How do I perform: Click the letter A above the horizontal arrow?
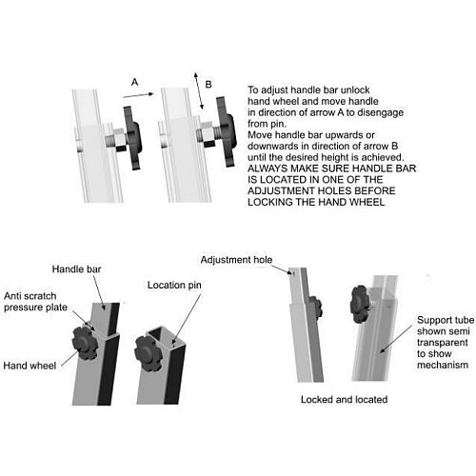(134, 83)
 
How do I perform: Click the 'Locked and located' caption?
(344, 399)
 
